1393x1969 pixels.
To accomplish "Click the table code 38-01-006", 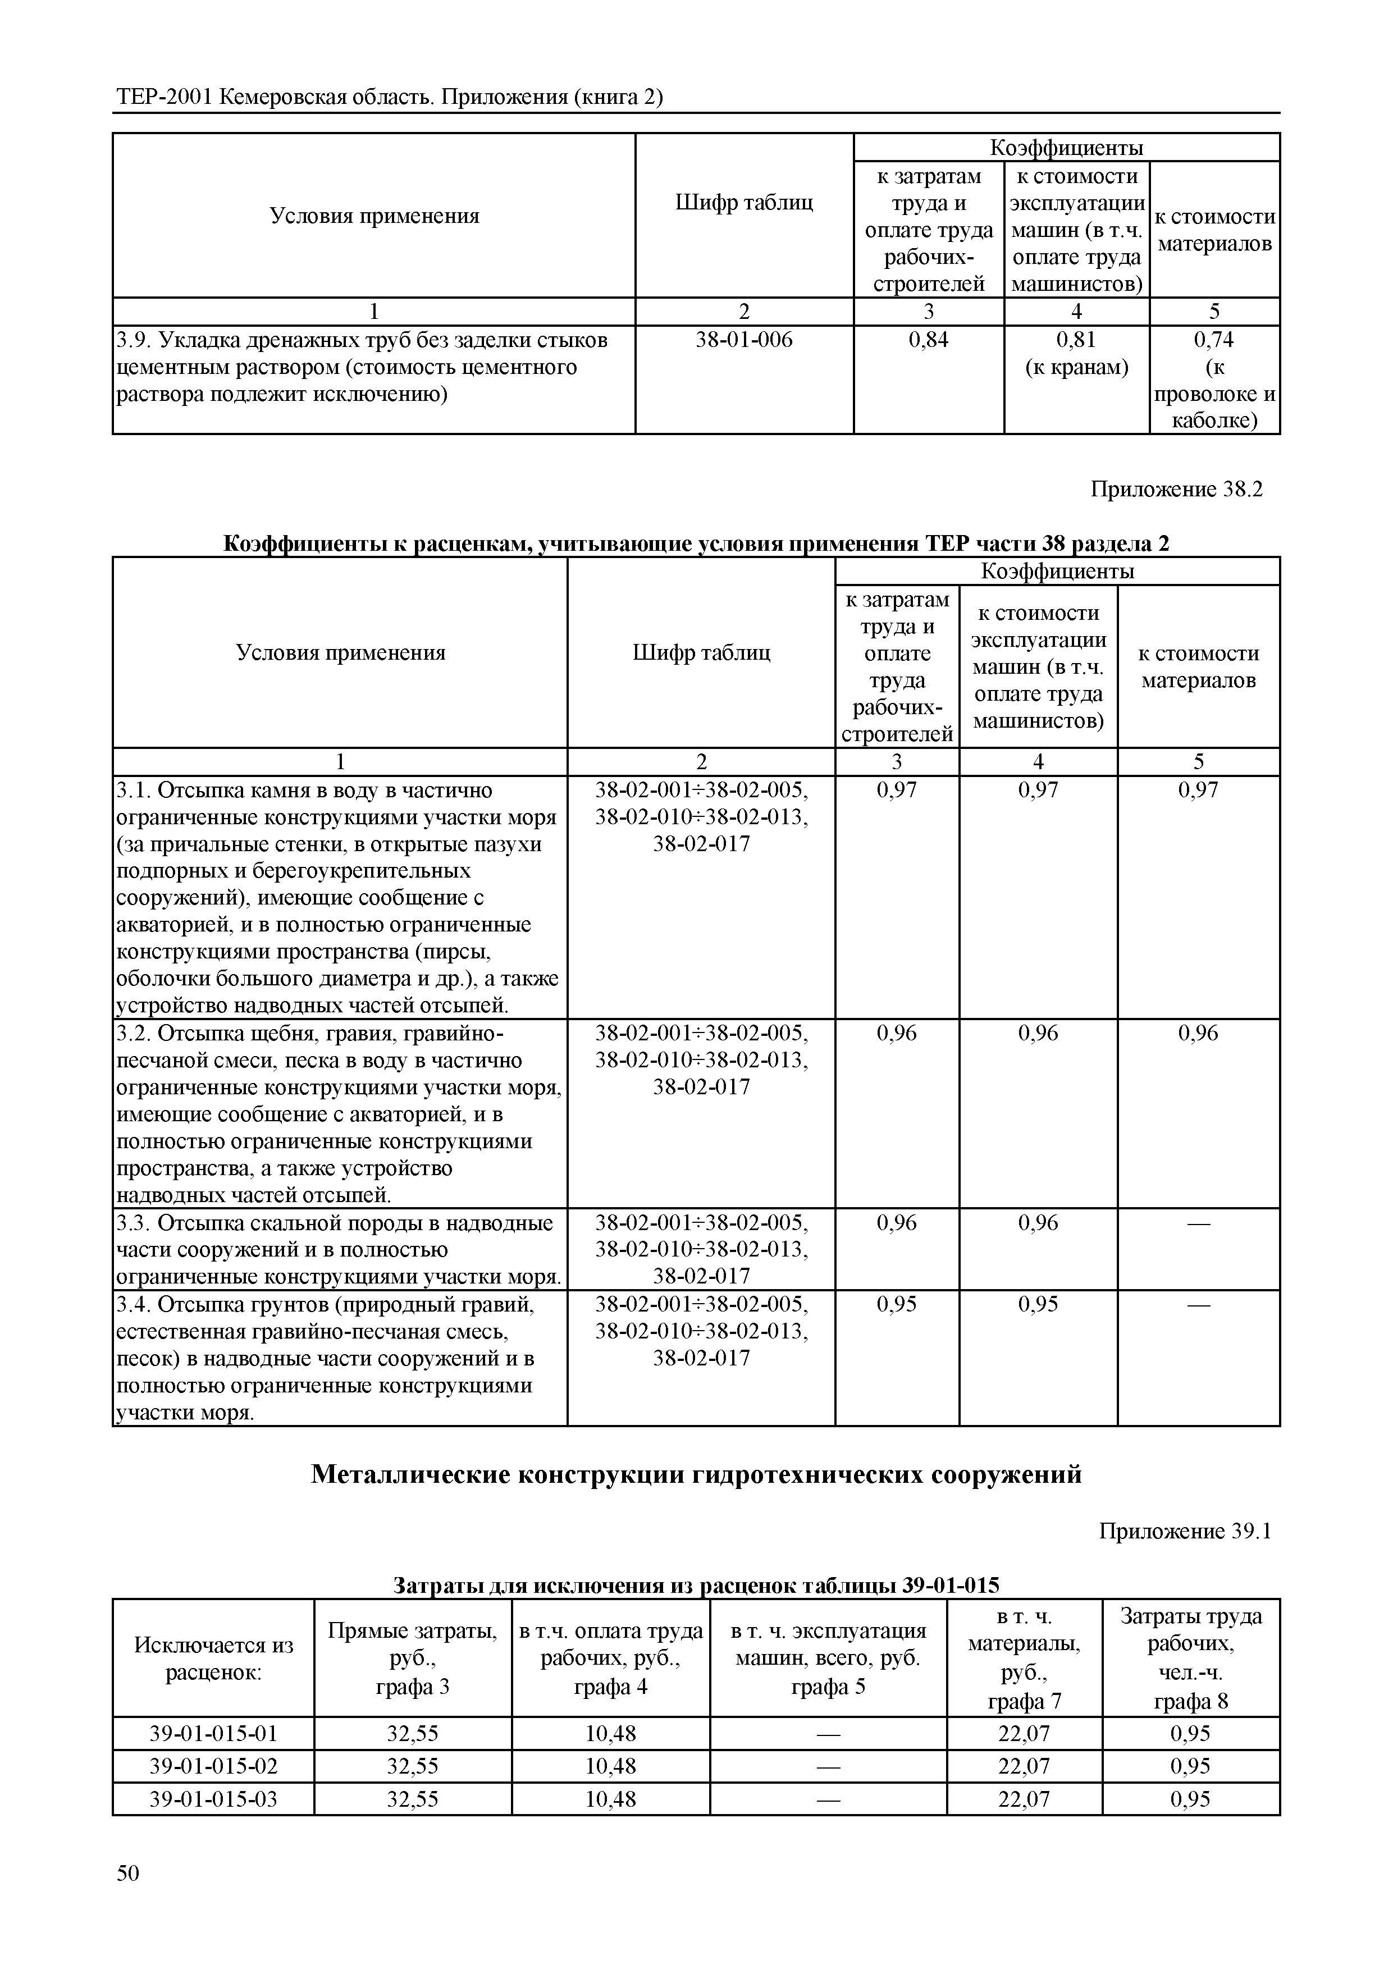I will [x=744, y=340].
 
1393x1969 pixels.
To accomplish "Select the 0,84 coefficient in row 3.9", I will [x=928, y=340].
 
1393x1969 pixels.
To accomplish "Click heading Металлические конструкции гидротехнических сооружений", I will [x=696, y=1474].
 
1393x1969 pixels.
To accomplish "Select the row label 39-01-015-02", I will [x=213, y=1766].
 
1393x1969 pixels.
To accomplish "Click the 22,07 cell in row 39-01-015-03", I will [x=1024, y=1798].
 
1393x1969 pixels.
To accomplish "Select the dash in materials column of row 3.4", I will [x=1198, y=1304].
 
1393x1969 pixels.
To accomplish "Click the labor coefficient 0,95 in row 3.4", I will [x=896, y=1304].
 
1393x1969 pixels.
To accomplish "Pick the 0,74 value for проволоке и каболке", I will [x=1214, y=340].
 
